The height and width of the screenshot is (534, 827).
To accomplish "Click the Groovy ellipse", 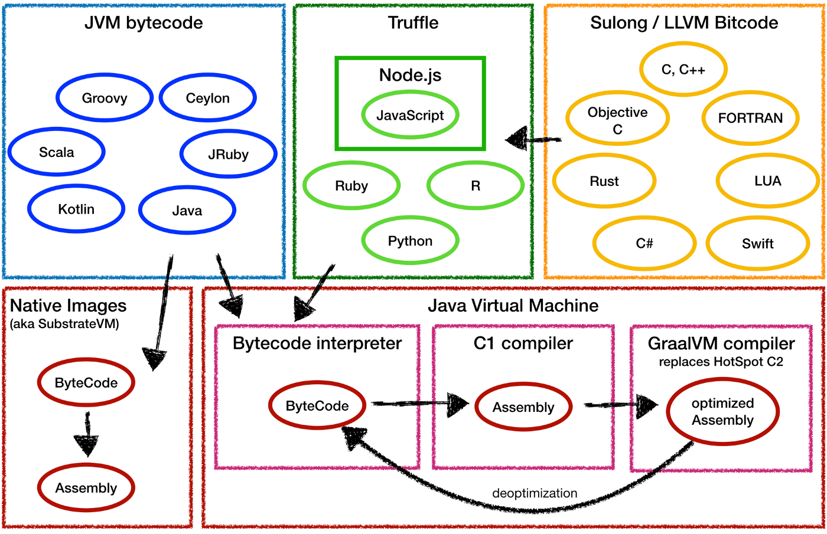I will pyautogui.click(x=105, y=98).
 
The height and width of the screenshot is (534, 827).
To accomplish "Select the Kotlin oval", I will pyautogui.click(x=76, y=209).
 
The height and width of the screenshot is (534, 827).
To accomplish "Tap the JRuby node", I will pyautogui.click(x=228, y=155).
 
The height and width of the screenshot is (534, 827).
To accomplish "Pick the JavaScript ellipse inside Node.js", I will pyautogui.click(x=410, y=115).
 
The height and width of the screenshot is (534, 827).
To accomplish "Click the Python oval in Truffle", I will pyautogui.click(x=410, y=241).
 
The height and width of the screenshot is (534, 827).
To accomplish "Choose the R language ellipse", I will pyautogui.click(x=475, y=186).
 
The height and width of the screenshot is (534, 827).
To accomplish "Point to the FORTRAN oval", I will pyautogui.click(x=750, y=118).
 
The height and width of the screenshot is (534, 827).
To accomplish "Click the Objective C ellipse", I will pyautogui.click(x=617, y=120).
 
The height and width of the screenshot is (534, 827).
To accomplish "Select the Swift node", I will pyautogui.click(x=757, y=244).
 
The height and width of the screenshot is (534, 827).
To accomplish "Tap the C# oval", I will pyautogui.click(x=644, y=244).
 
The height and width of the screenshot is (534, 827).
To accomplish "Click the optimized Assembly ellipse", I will pyautogui.click(x=722, y=412).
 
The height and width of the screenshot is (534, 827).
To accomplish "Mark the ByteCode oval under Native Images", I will pyautogui.click(x=86, y=383).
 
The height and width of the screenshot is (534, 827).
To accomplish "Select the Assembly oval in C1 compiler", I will pyautogui.click(x=523, y=407).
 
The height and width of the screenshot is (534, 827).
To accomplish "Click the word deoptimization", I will pyautogui.click(x=535, y=493).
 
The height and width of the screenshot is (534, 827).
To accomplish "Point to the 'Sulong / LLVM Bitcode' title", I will pyautogui.click(x=684, y=23).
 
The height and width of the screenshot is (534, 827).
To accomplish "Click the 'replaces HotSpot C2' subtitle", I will pyautogui.click(x=721, y=362).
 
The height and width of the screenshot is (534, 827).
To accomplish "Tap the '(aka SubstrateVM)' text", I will pyautogui.click(x=64, y=324).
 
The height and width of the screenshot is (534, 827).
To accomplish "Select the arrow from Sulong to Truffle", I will pyautogui.click(x=533, y=139).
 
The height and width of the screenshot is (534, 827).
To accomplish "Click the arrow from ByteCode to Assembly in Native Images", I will pyautogui.click(x=87, y=434).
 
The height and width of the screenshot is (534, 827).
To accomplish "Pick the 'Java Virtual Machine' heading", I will pyautogui.click(x=513, y=306).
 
